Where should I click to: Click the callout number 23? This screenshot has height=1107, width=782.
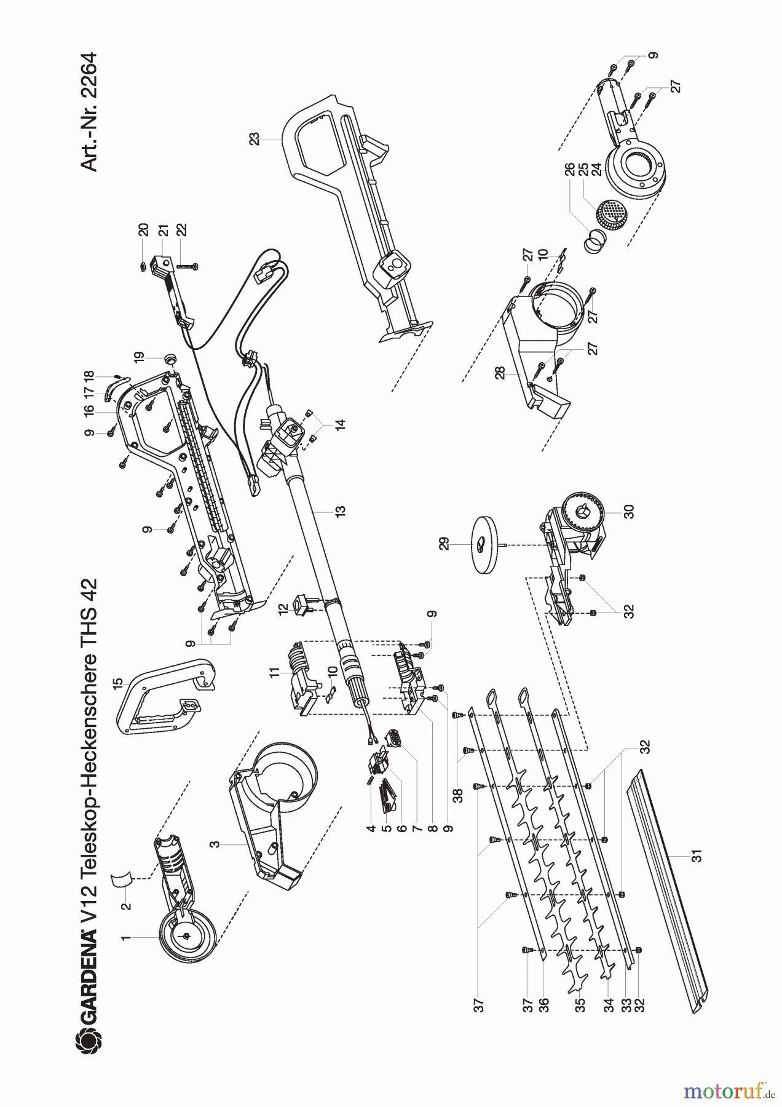click(255, 140)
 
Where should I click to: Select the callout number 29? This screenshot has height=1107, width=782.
click(444, 543)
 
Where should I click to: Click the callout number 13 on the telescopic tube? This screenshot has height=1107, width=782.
click(340, 510)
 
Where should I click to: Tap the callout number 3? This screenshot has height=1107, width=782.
click(215, 845)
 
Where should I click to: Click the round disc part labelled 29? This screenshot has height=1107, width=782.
click(486, 544)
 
